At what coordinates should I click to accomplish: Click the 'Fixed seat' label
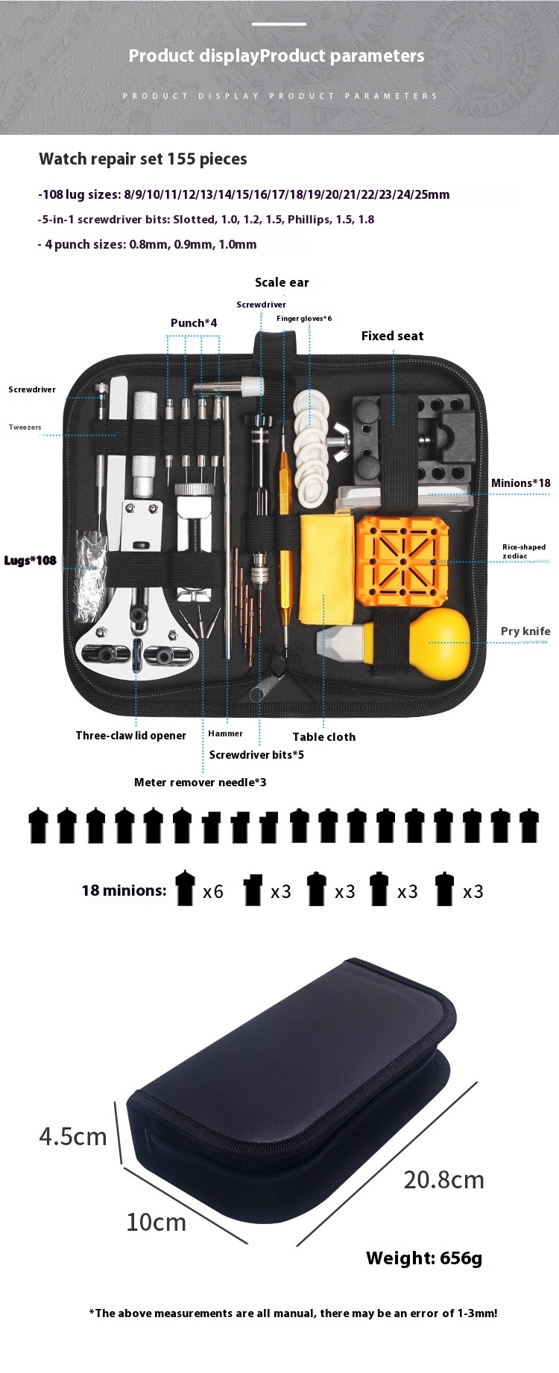392,337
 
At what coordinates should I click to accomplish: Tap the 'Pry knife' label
525,631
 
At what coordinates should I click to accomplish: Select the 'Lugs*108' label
31,561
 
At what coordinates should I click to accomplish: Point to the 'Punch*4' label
194,323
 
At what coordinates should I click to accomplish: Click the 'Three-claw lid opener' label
130,736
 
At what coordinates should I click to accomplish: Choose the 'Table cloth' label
323,737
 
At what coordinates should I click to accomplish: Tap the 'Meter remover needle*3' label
200,783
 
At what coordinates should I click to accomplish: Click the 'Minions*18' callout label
520,483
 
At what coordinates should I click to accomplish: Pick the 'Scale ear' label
282,282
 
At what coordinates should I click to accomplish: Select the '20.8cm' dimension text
443,1180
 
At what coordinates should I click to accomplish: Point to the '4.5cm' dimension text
73,1137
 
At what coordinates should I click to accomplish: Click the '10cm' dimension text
156,1223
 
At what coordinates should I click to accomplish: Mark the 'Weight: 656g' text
424,1258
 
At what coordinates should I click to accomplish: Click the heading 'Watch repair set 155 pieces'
143,159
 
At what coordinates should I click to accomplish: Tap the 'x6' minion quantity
212,892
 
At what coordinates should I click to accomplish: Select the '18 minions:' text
124,891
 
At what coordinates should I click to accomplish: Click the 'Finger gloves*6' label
304,319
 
